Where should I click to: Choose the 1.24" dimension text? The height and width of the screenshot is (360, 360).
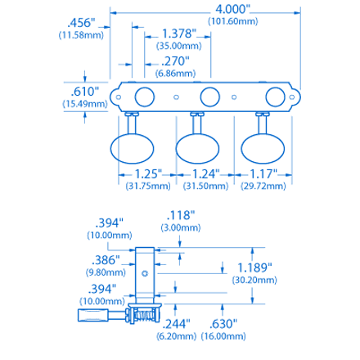pos(205,174)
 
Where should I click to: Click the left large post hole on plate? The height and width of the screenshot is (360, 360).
pos(146,96)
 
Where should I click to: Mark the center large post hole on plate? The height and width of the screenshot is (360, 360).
pos(210,96)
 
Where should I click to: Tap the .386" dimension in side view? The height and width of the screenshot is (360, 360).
pos(106,258)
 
